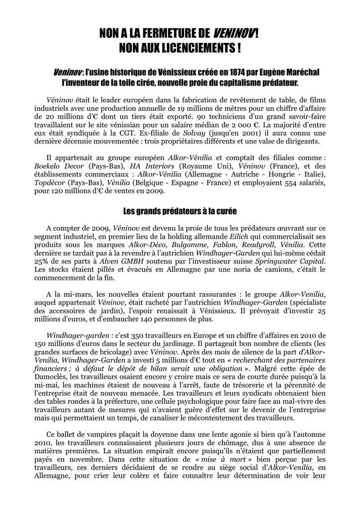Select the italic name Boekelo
48,166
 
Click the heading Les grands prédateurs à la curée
180,211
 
